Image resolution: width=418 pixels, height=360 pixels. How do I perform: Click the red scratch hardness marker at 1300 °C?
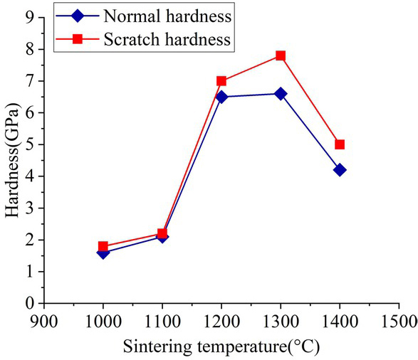click(x=281, y=55)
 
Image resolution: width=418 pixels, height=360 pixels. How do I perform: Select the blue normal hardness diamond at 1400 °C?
click(x=340, y=170)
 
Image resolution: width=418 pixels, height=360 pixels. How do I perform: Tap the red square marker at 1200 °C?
click(x=221, y=81)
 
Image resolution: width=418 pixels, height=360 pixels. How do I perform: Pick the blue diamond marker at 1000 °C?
click(x=103, y=253)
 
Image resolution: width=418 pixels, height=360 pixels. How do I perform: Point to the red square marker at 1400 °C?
click(x=340, y=144)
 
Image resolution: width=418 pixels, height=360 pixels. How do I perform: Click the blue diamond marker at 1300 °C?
click(x=281, y=94)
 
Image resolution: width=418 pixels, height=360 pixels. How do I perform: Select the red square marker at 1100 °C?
click(x=162, y=233)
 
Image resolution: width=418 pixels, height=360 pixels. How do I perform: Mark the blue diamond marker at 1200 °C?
click(x=221, y=97)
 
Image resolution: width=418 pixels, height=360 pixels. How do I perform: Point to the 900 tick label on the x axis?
click(x=44, y=320)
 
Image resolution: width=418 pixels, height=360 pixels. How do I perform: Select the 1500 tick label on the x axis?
click(x=399, y=320)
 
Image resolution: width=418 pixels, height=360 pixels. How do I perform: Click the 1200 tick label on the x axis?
click(x=221, y=320)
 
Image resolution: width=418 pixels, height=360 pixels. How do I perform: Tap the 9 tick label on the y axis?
click(x=30, y=18)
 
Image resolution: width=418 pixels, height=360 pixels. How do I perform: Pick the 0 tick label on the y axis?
click(x=30, y=304)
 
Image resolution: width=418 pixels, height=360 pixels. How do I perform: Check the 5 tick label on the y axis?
click(x=30, y=145)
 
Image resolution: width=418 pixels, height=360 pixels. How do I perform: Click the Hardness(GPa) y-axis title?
click(x=12, y=160)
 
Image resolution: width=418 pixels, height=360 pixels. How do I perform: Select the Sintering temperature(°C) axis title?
click(x=221, y=348)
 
